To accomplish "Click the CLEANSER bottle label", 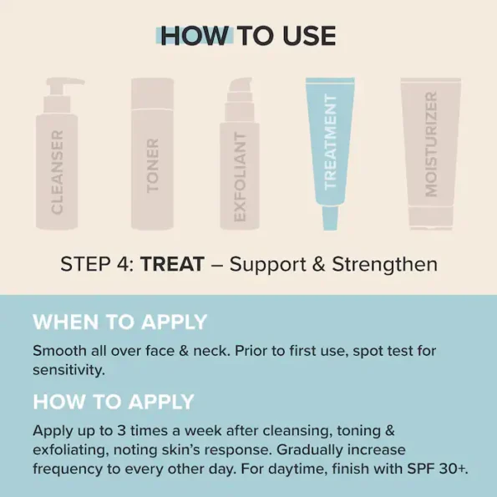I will pos(57,171).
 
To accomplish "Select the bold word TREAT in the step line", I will pos(173,265).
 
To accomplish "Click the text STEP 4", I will pos(96,265).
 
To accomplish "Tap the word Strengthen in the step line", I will pos(384,265).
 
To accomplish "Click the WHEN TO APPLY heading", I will pos(119,322).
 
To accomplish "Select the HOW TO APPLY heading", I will pos(113,401).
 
